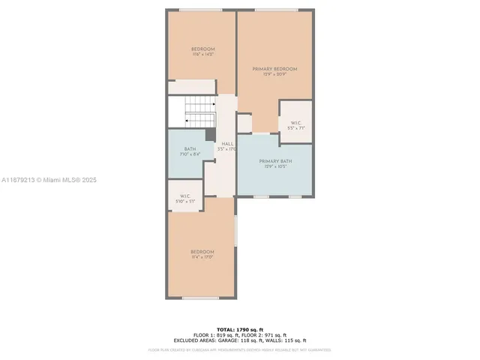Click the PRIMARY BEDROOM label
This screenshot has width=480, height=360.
pyautogui.click(x=274, y=68)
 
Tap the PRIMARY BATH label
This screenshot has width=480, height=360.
pyautogui.click(x=274, y=161)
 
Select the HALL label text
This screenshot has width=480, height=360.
pyautogui.click(x=226, y=143)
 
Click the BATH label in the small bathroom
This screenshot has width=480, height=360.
pyautogui.click(x=190, y=148)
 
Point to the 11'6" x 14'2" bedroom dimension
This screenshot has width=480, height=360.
pyautogui.click(x=202, y=55)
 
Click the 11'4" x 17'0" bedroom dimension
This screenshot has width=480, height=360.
pyautogui.click(x=202, y=256)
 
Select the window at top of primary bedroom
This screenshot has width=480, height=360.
pyautogui.click(x=274, y=10)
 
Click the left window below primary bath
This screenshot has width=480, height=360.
pyautogui.click(x=261, y=196)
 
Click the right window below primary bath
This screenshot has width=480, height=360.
pyautogui.click(x=295, y=196)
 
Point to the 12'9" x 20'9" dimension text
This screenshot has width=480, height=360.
pyautogui.click(x=274, y=73)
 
